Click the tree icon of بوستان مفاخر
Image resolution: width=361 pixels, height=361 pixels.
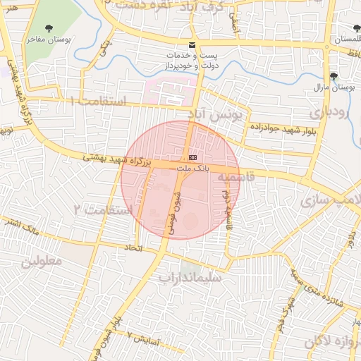point(49,28)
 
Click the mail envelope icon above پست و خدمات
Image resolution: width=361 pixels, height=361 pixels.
point(192,45)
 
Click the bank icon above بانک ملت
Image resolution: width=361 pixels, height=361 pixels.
point(192,157)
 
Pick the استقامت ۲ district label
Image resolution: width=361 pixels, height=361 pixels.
point(103,210)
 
